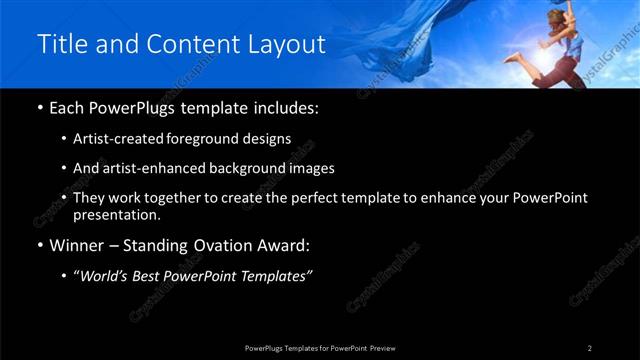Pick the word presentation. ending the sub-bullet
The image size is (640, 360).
pyautogui.click(x=116, y=214)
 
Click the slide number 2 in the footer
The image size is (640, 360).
pyautogui.click(x=590, y=348)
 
